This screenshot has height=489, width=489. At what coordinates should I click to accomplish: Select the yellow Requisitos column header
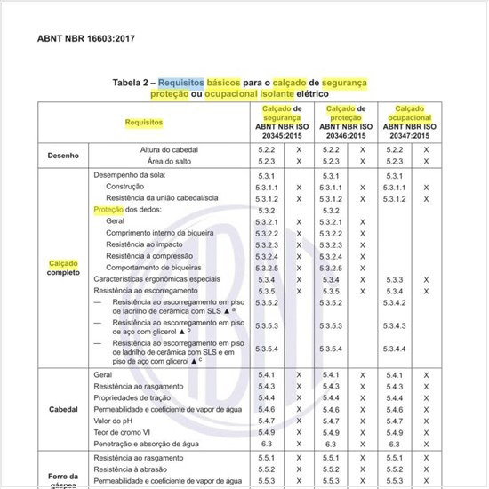click(x=143, y=121)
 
